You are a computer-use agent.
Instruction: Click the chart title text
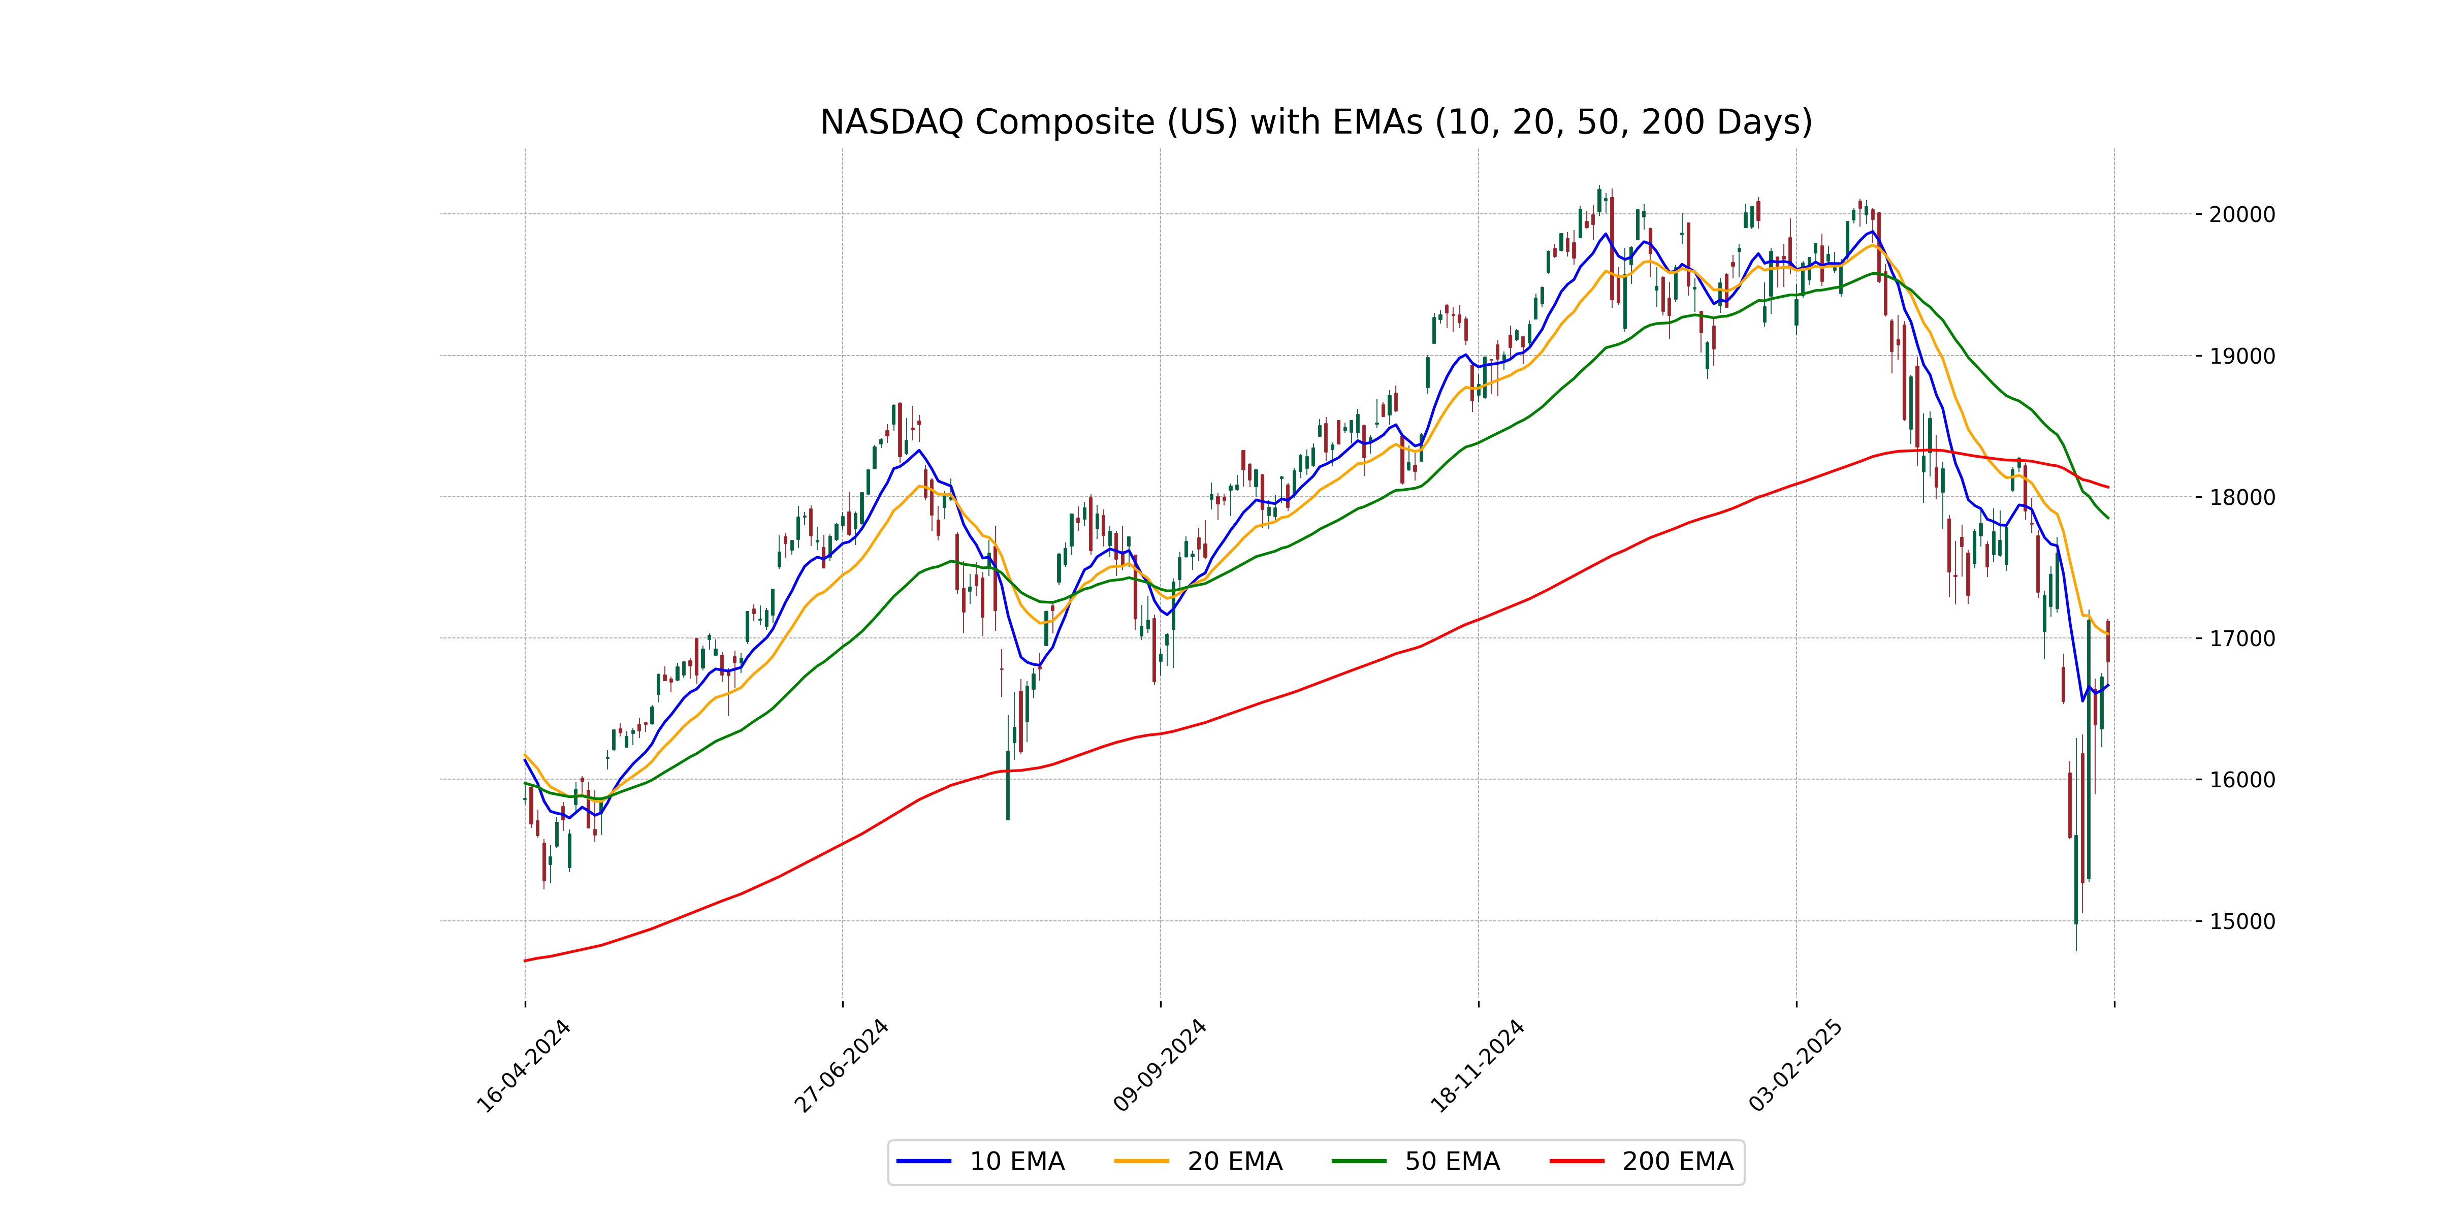point(1316,122)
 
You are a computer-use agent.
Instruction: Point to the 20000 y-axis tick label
point(2241,215)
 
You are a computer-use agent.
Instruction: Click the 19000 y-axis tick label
point(2241,357)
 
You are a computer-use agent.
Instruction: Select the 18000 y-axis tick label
point(2241,498)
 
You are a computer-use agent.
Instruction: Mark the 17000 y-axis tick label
point(2241,639)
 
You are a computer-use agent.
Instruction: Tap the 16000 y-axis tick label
point(2241,780)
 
